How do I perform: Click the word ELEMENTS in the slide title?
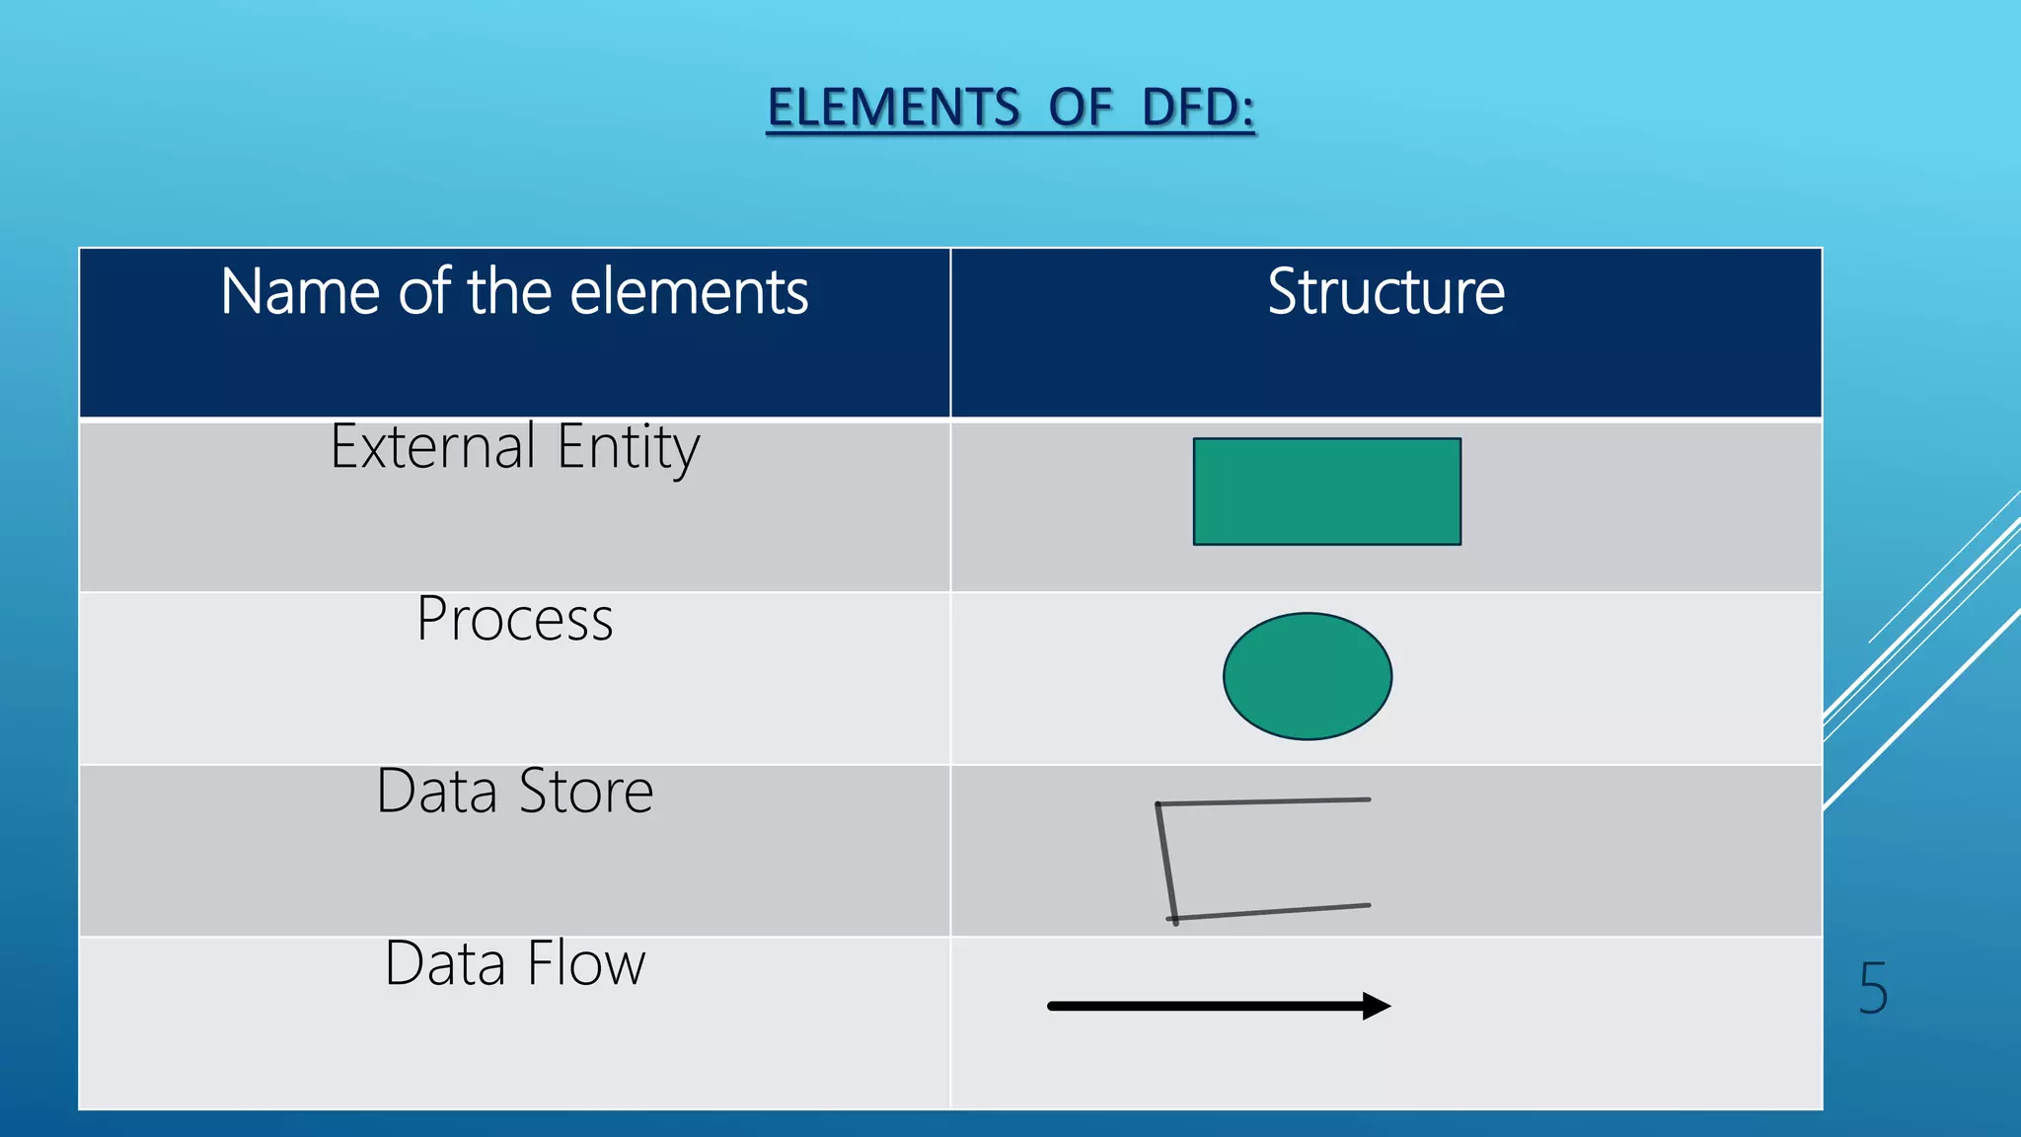pyautogui.click(x=893, y=108)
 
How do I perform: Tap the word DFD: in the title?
pyautogui.click(x=1198, y=108)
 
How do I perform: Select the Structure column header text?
pyautogui.click(x=1385, y=292)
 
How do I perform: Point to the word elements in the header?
pyautogui.click(x=689, y=292)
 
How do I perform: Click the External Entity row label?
pyautogui.click(x=514, y=447)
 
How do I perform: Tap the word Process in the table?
pyautogui.click(x=514, y=620)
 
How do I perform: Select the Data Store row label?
pyautogui.click(x=514, y=792)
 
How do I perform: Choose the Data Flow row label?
pyautogui.click(x=514, y=964)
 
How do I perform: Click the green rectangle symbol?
pyautogui.click(x=1326, y=492)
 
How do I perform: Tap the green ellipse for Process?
pyautogui.click(x=1307, y=676)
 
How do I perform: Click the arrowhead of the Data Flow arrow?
pyautogui.click(x=1376, y=1006)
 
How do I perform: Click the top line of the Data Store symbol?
pyautogui.click(x=1263, y=801)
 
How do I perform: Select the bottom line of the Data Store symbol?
pyautogui.click(x=1273, y=912)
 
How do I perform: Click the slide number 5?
pyautogui.click(x=1872, y=988)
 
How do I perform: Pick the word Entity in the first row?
pyautogui.click(x=628, y=447)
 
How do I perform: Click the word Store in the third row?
pyautogui.click(x=585, y=792)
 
